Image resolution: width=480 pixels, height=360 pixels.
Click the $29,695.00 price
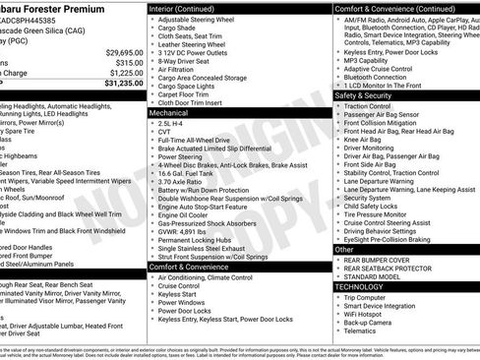pyautogui.click(x=123, y=50)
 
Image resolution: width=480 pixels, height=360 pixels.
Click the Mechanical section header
pyautogui.click(x=171, y=113)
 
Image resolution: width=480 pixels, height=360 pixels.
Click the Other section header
pyautogui.click(x=344, y=249)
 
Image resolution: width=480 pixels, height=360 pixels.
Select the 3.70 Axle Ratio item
pyautogui.click(x=183, y=182)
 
